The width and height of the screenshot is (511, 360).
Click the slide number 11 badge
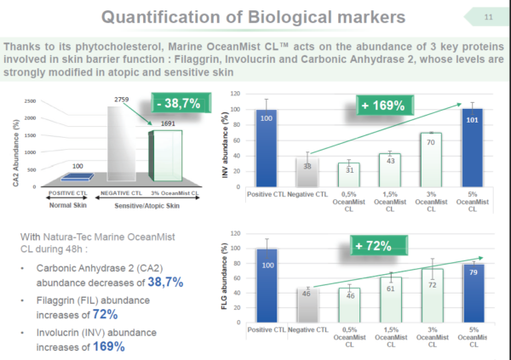click(487, 16)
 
